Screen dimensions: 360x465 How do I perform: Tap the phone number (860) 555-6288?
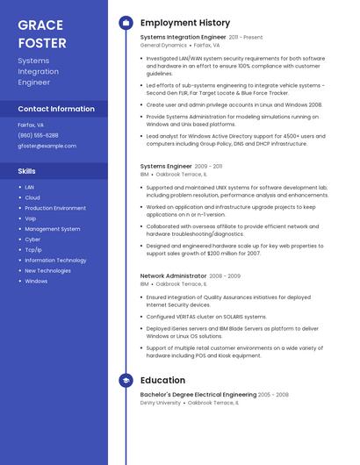(x=38, y=135)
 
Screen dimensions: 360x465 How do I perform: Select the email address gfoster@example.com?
(x=47, y=146)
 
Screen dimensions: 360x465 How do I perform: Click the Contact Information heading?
(x=56, y=109)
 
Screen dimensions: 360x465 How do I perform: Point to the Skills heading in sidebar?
(x=27, y=171)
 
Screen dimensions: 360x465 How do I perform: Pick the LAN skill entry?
(x=29, y=187)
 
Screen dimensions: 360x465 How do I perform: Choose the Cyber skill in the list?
(x=32, y=240)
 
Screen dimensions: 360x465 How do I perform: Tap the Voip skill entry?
(x=31, y=218)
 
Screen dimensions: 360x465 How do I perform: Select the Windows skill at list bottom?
(x=36, y=282)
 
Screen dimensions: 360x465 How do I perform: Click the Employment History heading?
(x=184, y=23)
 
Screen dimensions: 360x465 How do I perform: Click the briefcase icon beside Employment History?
(x=126, y=23)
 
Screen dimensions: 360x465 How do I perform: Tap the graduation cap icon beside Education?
(x=126, y=380)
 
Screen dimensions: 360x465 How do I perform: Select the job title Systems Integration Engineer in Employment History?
(x=183, y=38)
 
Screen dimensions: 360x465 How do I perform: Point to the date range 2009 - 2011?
(x=208, y=166)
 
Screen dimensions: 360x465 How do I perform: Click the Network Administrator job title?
(x=173, y=275)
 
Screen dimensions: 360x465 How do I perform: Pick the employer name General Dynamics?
(x=163, y=45)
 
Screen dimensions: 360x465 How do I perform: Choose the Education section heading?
(x=162, y=380)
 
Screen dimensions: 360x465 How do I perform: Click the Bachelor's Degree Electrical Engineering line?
(x=198, y=395)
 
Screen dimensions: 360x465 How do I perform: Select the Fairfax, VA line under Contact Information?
(x=31, y=125)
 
